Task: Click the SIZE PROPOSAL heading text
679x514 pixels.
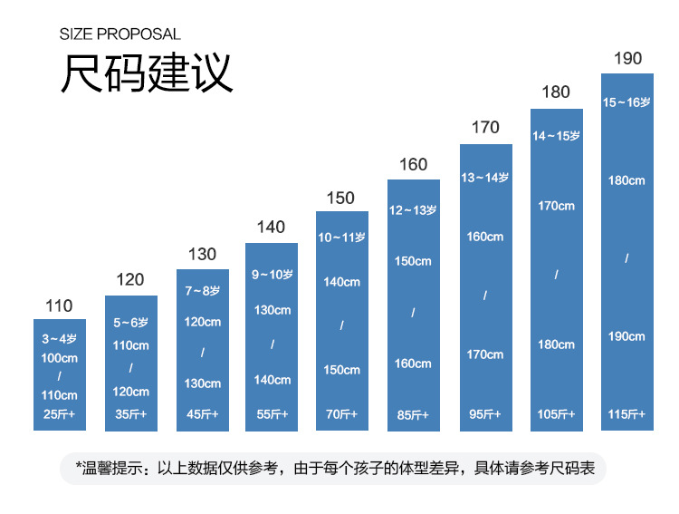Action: click(120, 34)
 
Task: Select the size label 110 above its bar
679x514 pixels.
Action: click(59, 306)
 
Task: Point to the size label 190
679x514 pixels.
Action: click(627, 59)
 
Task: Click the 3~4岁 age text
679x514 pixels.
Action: click(60, 339)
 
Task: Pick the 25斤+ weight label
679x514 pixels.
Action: click(60, 415)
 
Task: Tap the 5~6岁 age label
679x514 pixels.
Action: click(130, 322)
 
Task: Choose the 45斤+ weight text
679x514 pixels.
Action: click(202, 414)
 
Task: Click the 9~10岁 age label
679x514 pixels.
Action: click(272, 275)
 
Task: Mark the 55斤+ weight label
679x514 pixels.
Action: click(272, 414)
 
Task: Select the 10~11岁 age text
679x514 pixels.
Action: click(341, 238)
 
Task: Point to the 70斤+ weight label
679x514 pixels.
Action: click(341, 414)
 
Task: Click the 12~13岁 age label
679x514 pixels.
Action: click(413, 210)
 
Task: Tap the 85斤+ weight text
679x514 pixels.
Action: click(413, 415)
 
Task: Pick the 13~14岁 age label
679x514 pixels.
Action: click(485, 178)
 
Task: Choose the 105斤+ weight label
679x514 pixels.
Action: click(556, 414)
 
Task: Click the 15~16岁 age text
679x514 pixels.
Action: click(626, 102)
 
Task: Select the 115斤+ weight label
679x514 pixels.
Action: click(626, 414)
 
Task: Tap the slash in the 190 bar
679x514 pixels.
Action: click(626, 259)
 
